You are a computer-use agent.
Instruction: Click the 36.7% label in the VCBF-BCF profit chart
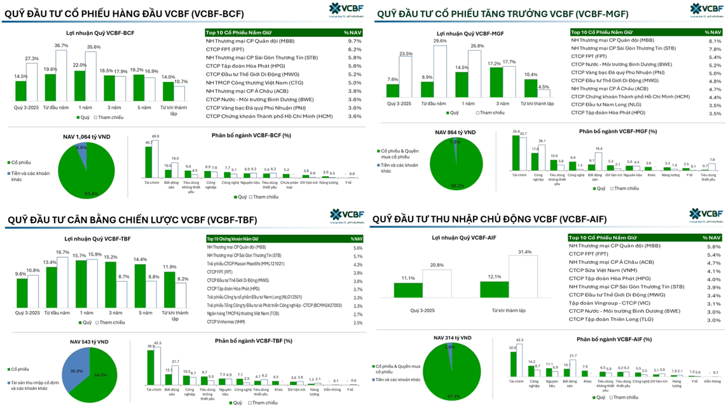pos(61,46)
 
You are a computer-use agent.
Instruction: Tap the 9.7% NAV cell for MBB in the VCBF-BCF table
pos(354,41)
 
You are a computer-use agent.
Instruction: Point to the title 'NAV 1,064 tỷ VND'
pos(87,137)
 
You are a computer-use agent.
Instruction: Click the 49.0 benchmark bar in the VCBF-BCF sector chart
pos(155,158)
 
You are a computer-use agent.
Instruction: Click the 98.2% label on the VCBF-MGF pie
pos(455,186)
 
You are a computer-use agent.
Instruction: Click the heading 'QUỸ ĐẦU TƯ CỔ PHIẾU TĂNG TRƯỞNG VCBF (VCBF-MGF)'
pos(502,13)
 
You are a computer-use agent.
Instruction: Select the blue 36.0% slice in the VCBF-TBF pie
pos(74,371)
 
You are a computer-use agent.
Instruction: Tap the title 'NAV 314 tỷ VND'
pos(453,338)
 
